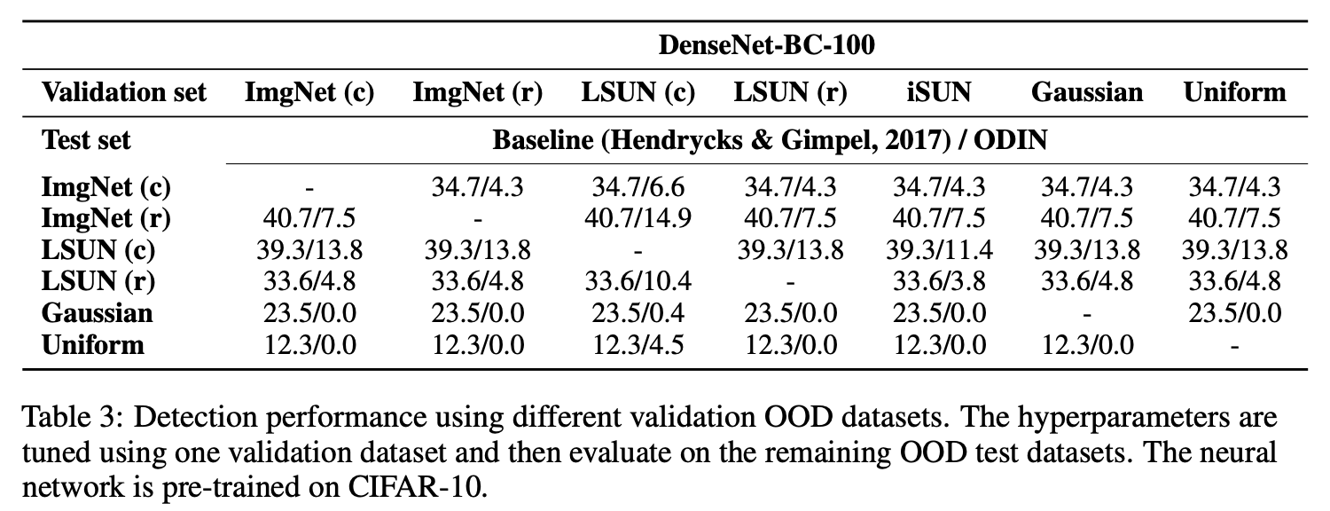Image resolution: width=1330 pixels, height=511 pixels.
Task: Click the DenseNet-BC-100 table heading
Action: pyautogui.click(x=766, y=45)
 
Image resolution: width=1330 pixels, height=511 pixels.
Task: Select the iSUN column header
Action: pyautogui.click(x=939, y=92)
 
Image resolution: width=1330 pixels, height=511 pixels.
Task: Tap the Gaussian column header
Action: pyautogui.click(x=1087, y=92)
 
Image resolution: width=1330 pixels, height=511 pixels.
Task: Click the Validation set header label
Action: pyautogui.click(x=124, y=92)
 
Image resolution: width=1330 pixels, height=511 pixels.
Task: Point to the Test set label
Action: pyautogui.click(x=86, y=140)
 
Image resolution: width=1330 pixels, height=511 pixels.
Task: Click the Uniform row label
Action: pyautogui.click(x=92, y=343)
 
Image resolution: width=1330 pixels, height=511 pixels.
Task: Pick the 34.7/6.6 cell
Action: pyautogui.click(x=638, y=188)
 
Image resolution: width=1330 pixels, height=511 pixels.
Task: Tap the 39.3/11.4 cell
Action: pyautogui.click(x=939, y=250)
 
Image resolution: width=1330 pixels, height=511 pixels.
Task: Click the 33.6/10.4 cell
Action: pyautogui.click(x=638, y=281)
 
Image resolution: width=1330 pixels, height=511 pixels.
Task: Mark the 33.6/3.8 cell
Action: pyautogui.click(x=939, y=281)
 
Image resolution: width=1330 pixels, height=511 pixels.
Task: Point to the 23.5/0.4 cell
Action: pyautogui.click(x=638, y=312)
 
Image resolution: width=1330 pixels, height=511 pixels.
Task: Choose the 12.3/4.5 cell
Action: pyautogui.click(x=638, y=343)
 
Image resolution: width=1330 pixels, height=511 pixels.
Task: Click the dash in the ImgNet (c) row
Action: pyautogui.click(x=309, y=188)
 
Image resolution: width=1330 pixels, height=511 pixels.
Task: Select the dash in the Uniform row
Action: pyautogui.click(x=1234, y=343)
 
